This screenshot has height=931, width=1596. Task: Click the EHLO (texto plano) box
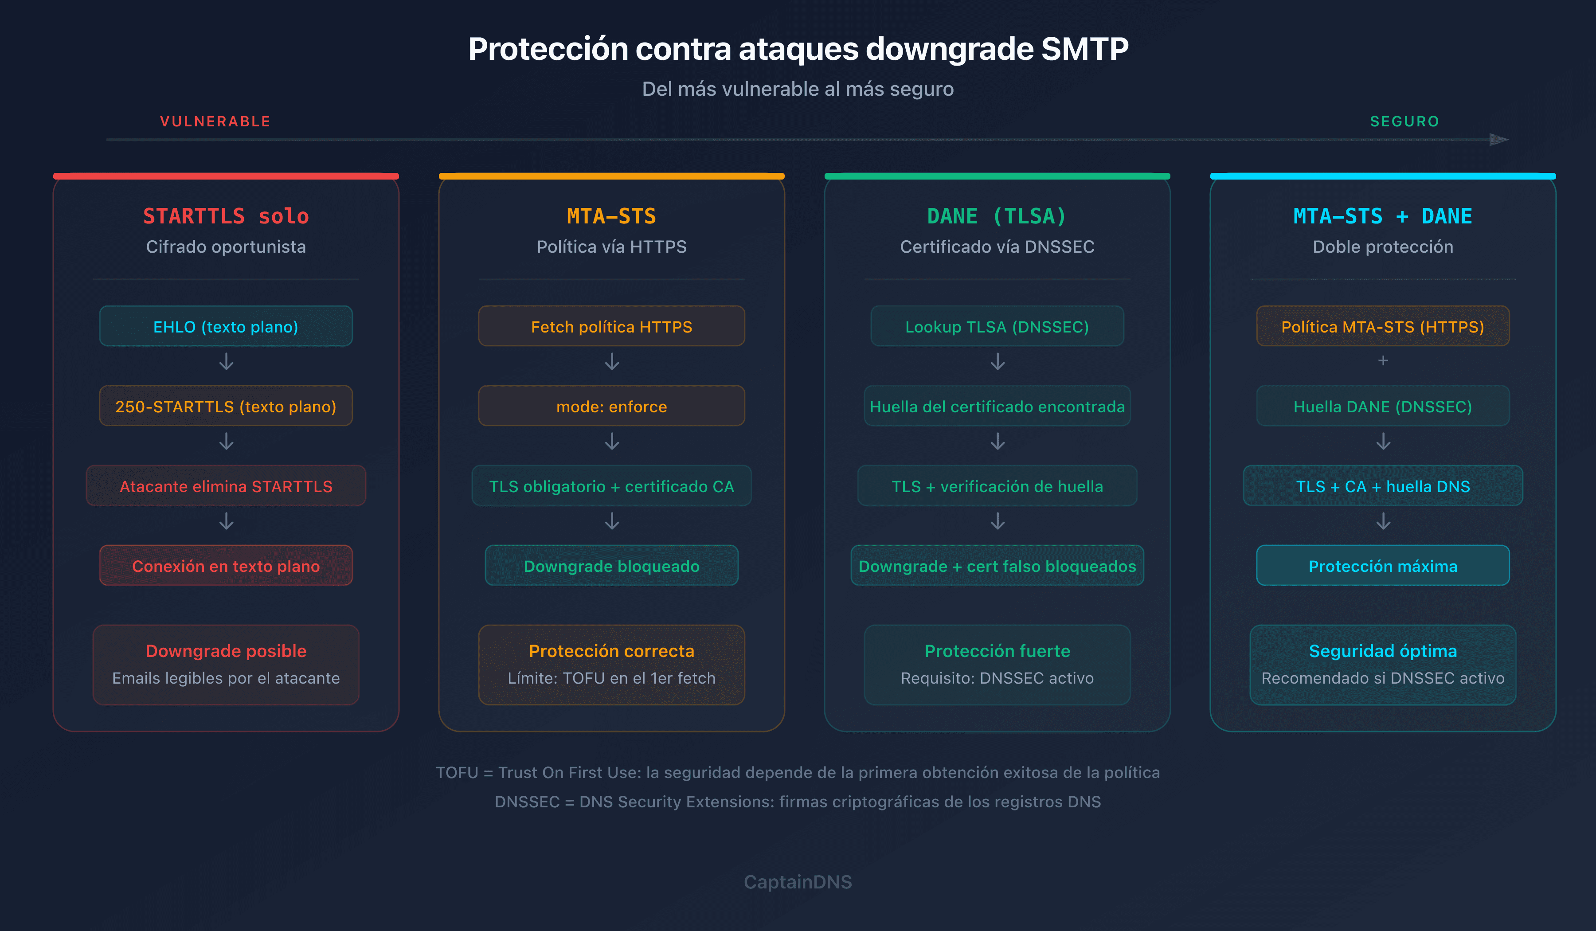point(226,326)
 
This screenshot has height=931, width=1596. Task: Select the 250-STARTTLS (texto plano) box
point(226,406)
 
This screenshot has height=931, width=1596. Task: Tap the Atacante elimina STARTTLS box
point(226,486)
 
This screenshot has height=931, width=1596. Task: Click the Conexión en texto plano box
point(226,566)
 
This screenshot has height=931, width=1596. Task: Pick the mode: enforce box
point(611,406)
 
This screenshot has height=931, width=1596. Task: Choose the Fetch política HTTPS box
point(611,326)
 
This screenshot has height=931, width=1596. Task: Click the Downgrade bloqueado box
point(611,566)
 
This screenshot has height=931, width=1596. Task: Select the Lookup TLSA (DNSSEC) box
point(997,326)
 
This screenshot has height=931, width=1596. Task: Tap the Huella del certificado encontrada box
point(997,406)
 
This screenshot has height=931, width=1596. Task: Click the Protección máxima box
point(1383,566)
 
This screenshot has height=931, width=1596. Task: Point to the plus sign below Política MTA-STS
point(1383,360)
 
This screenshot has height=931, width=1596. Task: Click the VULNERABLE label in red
point(215,121)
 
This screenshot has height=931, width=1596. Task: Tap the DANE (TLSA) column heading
point(997,216)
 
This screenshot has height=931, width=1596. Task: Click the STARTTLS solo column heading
point(226,216)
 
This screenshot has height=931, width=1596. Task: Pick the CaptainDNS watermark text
point(798,882)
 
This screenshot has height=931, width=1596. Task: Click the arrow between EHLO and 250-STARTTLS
point(226,362)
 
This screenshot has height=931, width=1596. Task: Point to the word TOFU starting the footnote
point(457,773)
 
